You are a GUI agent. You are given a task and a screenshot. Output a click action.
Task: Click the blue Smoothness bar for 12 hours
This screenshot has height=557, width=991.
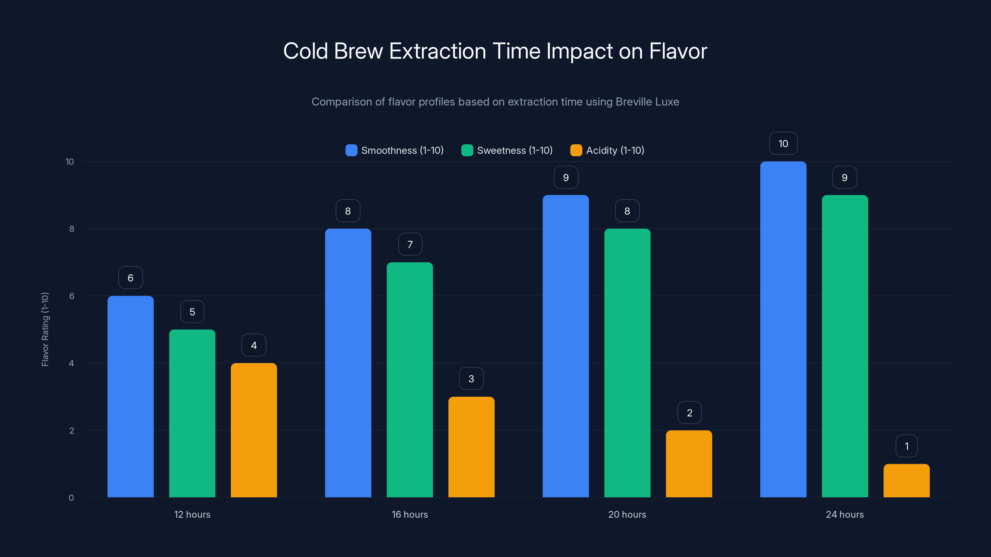tap(130, 396)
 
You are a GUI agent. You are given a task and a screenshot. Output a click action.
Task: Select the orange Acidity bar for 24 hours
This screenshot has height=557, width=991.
tap(906, 481)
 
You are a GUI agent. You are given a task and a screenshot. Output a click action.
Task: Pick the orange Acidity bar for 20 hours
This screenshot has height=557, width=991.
tap(689, 464)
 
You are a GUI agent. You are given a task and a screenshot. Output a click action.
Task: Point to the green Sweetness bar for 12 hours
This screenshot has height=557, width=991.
tap(192, 413)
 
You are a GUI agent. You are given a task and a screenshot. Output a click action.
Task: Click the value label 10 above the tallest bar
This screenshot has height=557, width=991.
tap(783, 143)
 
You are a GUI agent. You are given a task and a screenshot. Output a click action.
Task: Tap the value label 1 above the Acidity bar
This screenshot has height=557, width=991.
tap(906, 446)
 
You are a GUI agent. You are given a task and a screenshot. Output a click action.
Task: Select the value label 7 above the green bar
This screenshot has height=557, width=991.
tap(410, 244)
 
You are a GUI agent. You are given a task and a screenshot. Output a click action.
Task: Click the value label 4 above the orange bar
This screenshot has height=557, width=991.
tap(254, 345)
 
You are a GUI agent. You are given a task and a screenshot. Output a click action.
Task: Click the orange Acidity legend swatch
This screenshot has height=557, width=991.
tap(576, 150)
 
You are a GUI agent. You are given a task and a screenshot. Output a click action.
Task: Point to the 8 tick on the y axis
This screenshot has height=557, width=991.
tap(72, 229)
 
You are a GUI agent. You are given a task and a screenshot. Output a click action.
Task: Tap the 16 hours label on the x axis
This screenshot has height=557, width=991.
tap(410, 514)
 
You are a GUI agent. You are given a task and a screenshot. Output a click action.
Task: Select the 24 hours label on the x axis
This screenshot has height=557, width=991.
tap(845, 514)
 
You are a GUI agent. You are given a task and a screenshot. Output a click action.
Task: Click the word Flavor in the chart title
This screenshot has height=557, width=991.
tap(678, 51)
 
